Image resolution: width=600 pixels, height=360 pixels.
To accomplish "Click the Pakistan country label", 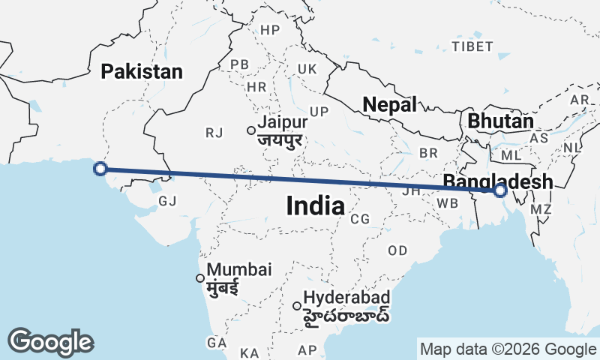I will pyautogui.click(x=142, y=72).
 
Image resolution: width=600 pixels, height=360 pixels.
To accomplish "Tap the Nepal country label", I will pyautogui.click(x=389, y=105).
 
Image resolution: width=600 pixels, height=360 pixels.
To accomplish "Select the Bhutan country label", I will pyautogui.click(x=500, y=121).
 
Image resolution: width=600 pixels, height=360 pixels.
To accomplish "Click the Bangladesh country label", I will pyautogui.click(x=498, y=181).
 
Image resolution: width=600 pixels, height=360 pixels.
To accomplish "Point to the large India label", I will pyautogui.click(x=315, y=205).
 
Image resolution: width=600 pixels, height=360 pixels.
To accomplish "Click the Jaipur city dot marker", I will pyautogui.click(x=252, y=130).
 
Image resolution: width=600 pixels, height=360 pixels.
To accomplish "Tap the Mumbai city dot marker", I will pyautogui.click(x=200, y=278).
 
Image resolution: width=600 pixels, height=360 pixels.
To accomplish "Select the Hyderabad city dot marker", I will pyautogui.click(x=298, y=305).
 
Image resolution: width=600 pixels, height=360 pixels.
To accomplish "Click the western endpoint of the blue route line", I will pyautogui.click(x=100, y=169).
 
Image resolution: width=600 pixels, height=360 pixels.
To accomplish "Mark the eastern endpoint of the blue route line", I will pyautogui.click(x=500, y=190).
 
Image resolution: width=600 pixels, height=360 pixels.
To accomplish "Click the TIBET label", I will pyautogui.click(x=472, y=46).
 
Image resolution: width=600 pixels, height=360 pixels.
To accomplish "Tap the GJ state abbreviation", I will pyautogui.click(x=167, y=201).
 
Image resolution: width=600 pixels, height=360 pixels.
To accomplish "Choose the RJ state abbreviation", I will pyautogui.click(x=214, y=133).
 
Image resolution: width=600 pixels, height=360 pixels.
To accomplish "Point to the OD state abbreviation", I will pyautogui.click(x=397, y=250).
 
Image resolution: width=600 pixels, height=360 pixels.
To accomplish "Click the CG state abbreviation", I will pyautogui.click(x=360, y=219).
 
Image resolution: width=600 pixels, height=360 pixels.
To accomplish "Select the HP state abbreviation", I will pyautogui.click(x=269, y=30).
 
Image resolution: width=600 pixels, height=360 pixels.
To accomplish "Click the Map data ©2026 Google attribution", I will pyautogui.click(x=507, y=349).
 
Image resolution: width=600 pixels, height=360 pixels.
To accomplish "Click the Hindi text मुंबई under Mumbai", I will pyautogui.click(x=222, y=287).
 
